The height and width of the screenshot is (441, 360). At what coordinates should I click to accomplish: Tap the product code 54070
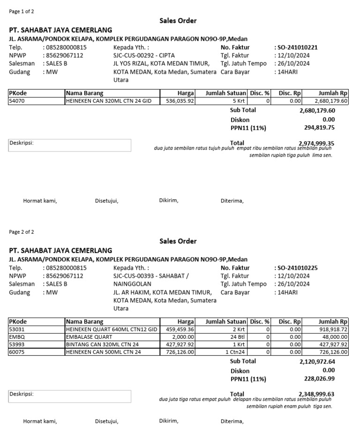click(17, 101)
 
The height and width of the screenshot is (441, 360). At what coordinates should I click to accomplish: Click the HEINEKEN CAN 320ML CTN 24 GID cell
click(109, 101)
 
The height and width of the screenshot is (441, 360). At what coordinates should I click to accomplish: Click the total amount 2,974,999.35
click(317, 144)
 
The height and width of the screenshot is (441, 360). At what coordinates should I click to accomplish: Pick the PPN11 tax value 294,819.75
click(319, 127)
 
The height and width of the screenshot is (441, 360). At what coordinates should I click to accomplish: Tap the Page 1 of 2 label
click(22, 11)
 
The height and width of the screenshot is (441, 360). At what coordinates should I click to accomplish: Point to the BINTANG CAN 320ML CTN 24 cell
click(104, 344)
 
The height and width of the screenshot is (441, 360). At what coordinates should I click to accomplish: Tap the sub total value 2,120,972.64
click(317, 362)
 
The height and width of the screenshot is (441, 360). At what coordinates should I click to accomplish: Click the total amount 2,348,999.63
click(317, 394)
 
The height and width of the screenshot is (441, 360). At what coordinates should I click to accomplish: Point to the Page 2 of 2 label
click(22, 232)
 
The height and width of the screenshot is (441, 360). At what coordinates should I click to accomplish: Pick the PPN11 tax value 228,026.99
click(319, 379)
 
